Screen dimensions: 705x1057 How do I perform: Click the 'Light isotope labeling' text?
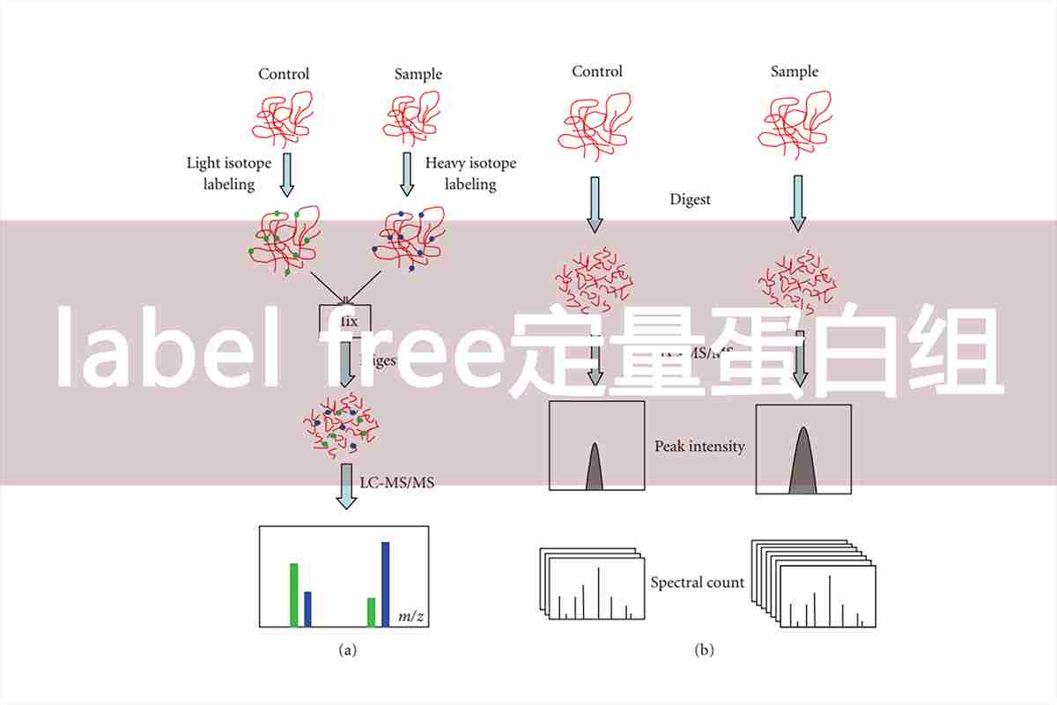(229, 174)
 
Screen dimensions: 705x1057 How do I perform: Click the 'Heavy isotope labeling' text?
(470, 174)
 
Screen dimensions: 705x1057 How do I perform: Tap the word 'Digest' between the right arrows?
(690, 200)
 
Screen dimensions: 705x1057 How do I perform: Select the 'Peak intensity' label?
(699, 447)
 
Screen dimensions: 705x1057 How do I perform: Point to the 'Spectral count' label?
(697, 583)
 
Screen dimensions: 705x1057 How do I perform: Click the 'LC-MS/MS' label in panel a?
(397, 482)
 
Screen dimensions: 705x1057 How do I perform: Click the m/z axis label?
(411, 616)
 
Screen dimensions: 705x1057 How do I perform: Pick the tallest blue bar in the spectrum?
(385, 583)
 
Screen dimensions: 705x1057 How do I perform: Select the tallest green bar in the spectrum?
(294, 594)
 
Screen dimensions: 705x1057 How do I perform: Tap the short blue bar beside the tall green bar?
(307, 608)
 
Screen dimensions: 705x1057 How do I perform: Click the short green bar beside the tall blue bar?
(372, 612)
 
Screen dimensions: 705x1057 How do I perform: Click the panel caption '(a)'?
(348, 650)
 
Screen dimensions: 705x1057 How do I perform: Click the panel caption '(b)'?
(704, 650)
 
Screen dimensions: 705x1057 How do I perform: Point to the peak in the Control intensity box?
(594, 467)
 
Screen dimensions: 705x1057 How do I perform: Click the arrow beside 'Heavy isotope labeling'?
(407, 174)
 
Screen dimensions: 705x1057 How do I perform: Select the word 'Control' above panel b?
(597, 71)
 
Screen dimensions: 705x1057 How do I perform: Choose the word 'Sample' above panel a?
(418, 74)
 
